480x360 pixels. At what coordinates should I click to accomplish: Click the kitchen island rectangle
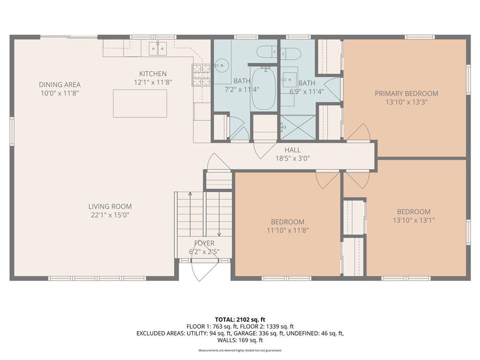point(140,104)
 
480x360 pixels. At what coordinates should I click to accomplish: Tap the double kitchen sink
point(157,48)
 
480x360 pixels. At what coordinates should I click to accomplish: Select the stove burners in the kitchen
point(201,75)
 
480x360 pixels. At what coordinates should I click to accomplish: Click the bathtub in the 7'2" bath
point(263,89)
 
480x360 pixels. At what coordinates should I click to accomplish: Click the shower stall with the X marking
point(298,127)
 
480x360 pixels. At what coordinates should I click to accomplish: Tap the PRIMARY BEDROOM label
point(406,93)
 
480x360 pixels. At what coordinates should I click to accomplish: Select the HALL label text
point(292,150)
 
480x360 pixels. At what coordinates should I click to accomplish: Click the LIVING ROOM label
point(110,207)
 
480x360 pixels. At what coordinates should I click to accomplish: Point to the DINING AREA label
point(60,84)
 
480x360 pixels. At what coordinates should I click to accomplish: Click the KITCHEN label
point(153,74)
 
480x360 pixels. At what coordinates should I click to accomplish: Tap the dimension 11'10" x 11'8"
point(287,230)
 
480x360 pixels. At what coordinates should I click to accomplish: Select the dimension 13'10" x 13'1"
point(413,220)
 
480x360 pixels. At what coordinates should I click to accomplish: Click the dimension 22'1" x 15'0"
point(110,215)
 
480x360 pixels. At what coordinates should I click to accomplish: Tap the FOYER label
point(204,243)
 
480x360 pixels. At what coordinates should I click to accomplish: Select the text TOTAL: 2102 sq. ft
point(240,320)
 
